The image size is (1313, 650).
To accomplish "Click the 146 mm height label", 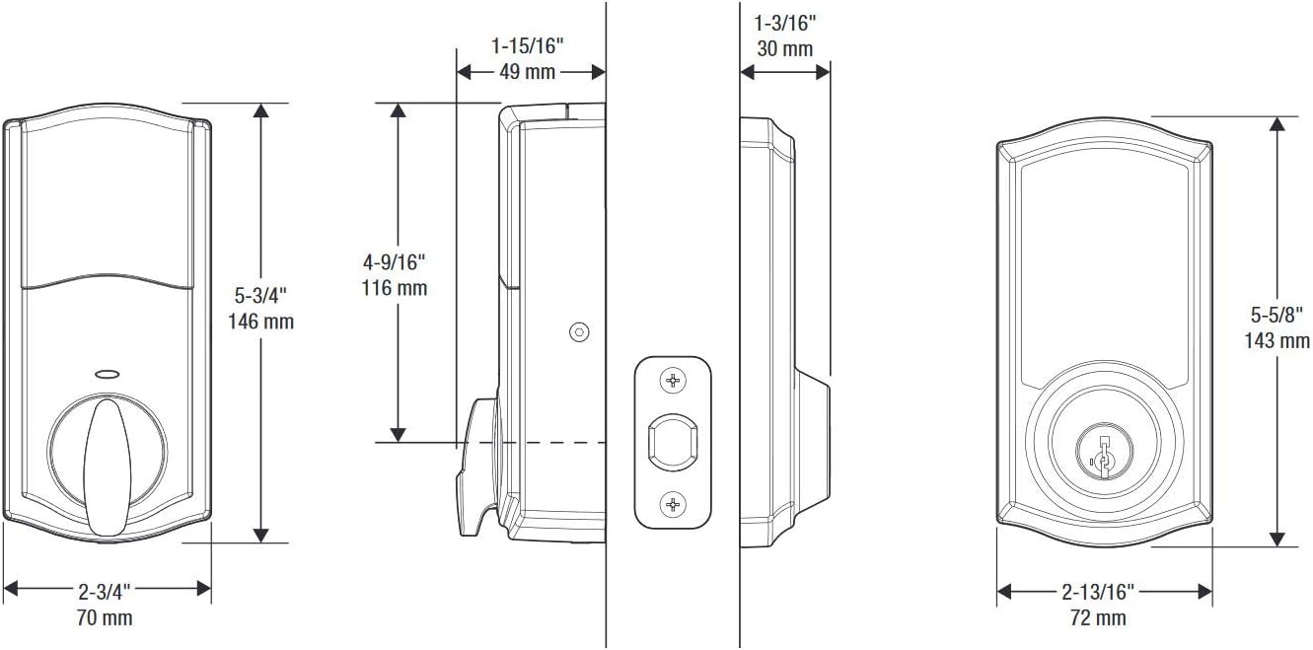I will pos(260,322).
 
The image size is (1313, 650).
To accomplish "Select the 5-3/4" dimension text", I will pos(260,295).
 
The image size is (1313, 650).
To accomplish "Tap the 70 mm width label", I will pos(105,618).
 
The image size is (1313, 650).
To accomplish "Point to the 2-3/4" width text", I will pos(105,591).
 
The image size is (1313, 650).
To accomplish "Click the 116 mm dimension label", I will pos(395,288).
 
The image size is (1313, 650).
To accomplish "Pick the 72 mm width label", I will pos(1098,618).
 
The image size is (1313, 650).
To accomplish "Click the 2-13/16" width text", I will pos(1099,591).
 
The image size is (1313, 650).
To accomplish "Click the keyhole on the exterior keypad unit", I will pos(1104,453).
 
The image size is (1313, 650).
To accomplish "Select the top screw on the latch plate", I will pos(673,380).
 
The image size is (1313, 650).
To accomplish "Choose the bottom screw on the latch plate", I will pos(673,505).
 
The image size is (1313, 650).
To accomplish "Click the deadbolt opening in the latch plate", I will pos(673,442).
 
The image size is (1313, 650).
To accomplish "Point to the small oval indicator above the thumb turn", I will pos(105,375).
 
